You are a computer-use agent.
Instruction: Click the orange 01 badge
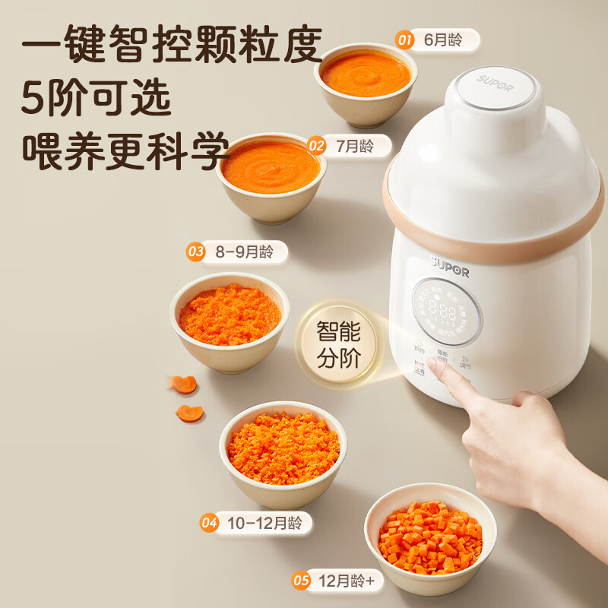click(x=405, y=40)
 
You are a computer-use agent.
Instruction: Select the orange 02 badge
click(x=317, y=145)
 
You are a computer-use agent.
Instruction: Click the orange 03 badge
click(x=196, y=252)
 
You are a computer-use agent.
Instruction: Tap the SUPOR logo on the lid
click(x=496, y=80)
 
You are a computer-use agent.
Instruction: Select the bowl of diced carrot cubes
click(x=430, y=534)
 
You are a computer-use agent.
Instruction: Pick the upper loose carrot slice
click(x=184, y=384)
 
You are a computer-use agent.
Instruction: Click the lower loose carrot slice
click(x=189, y=413)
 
